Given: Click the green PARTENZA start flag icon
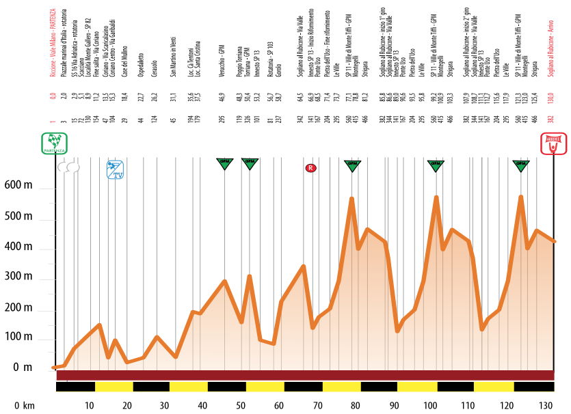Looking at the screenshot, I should point(54,144).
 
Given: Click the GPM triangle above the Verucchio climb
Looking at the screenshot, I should point(224,164).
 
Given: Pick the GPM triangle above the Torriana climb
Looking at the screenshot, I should point(250,164).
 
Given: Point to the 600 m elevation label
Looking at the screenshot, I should point(19,186).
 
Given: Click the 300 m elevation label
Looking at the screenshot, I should point(19,279).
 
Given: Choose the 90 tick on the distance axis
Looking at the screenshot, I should point(393,405).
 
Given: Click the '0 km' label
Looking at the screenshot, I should point(25,405).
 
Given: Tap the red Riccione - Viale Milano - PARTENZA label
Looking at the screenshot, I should point(53,40).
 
